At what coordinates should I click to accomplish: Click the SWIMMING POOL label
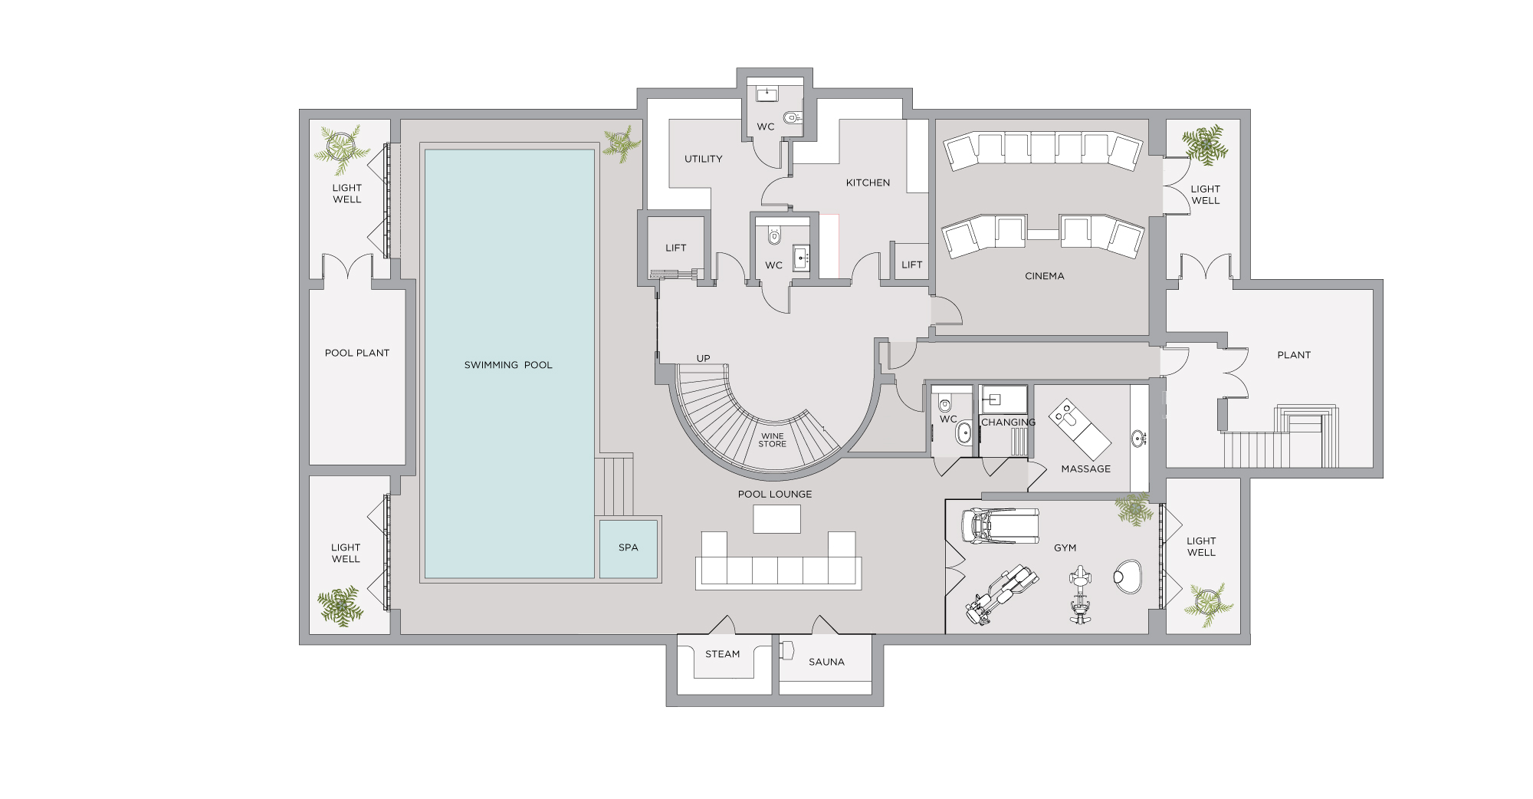pyautogui.click(x=508, y=365)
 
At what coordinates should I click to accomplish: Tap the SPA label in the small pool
pyautogui.click(x=629, y=547)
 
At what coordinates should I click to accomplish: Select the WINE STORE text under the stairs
pyautogui.click(x=773, y=440)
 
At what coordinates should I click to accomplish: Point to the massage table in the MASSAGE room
pyautogui.click(x=1080, y=429)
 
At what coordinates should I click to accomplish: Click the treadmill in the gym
pyautogui.click(x=1001, y=526)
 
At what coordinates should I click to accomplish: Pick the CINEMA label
pyautogui.click(x=1045, y=276)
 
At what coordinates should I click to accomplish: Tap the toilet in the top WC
pyautogui.click(x=792, y=118)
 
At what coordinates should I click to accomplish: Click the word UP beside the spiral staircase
pyautogui.click(x=704, y=358)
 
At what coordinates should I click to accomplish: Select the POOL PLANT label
pyautogui.click(x=357, y=353)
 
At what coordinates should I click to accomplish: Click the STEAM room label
pyautogui.click(x=723, y=654)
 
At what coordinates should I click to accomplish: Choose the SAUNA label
pyautogui.click(x=826, y=662)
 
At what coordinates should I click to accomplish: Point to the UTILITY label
pyautogui.click(x=704, y=159)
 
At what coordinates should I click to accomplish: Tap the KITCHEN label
pyautogui.click(x=868, y=182)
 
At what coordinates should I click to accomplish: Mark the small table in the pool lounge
pyautogui.click(x=777, y=519)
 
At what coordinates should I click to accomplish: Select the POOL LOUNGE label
pyautogui.click(x=775, y=494)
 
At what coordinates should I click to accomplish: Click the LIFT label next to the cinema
pyautogui.click(x=912, y=265)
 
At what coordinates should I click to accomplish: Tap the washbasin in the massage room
pyautogui.click(x=1139, y=439)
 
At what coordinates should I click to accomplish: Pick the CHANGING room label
pyautogui.click(x=1009, y=423)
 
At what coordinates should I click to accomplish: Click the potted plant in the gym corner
pyautogui.click(x=1134, y=509)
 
